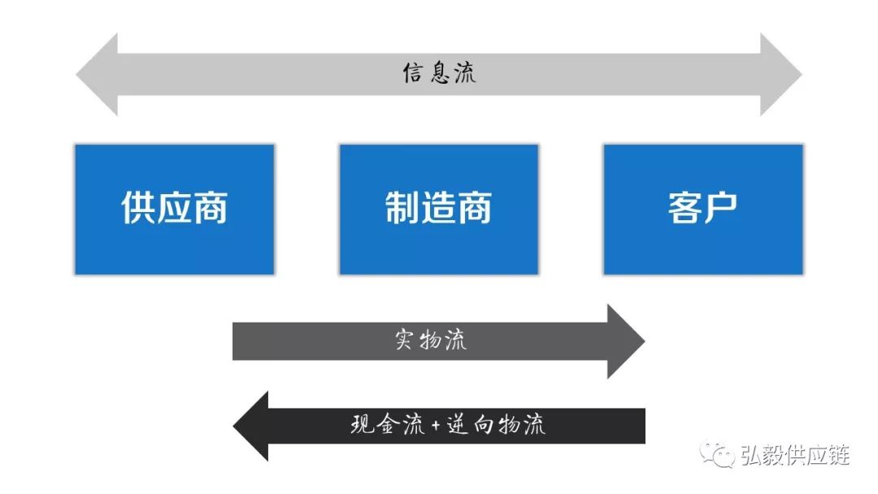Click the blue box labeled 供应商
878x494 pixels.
(x=174, y=210)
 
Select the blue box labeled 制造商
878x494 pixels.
(x=438, y=210)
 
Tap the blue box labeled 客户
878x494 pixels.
(x=702, y=210)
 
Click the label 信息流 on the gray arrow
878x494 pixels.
(x=439, y=73)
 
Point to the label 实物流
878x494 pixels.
(x=431, y=340)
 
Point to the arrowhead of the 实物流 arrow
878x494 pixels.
(x=626, y=341)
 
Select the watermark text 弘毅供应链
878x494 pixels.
(x=794, y=456)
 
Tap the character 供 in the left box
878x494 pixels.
(x=138, y=208)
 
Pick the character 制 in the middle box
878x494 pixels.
(x=402, y=208)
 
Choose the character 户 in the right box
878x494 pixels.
(x=720, y=208)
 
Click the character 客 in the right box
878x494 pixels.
(x=685, y=208)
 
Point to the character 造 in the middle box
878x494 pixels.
(x=438, y=208)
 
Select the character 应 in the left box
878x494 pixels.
(x=174, y=208)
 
